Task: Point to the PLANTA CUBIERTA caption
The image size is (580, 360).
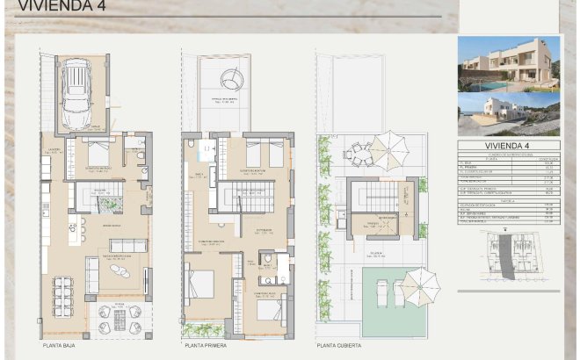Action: [x=338, y=346]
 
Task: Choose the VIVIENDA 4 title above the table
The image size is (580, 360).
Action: [x=508, y=147]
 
